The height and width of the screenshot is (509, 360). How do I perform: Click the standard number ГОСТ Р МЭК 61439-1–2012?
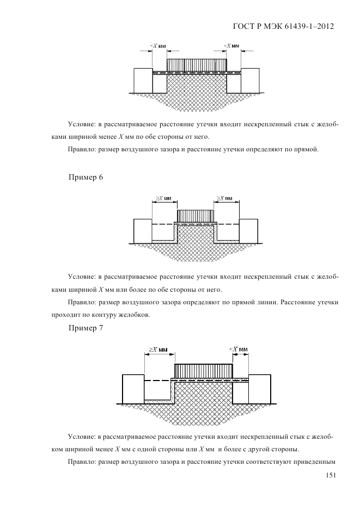pyautogui.click(x=283, y=26)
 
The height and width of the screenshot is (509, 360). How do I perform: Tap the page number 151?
pyautogui.click(x=328, y=475)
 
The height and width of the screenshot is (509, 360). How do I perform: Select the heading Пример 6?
pyautogui.click(x=86, y=178)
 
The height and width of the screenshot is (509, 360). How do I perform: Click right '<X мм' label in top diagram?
pyautogui.click(x=232, y=46)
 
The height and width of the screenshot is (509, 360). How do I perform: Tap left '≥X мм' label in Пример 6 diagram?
pyautogui.click(x=161, y=198)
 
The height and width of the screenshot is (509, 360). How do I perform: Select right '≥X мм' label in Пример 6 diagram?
pyautogui.click(x=224, y=198)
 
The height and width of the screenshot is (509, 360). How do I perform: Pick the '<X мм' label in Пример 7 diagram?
pyautogui.click(x=239, y=349)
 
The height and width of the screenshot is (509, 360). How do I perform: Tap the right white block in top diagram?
pyautogui.click(x=251, y=80)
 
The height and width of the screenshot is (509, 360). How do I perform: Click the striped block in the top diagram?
pyautogui.click(x=197, y=65)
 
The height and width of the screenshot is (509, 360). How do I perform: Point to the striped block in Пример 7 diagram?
pyautogui.click(x=204, y=370)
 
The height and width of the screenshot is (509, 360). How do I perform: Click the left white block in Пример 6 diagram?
pyautogui.click(x=142, y=231)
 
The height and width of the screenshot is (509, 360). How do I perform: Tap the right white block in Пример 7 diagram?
pyautogui.click(x=259, y=389)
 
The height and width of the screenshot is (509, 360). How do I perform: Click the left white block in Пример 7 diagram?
pyautogui.click(x=133, y=389)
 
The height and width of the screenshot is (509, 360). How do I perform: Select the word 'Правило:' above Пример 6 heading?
pyautogui.click(x=82, y=149)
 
